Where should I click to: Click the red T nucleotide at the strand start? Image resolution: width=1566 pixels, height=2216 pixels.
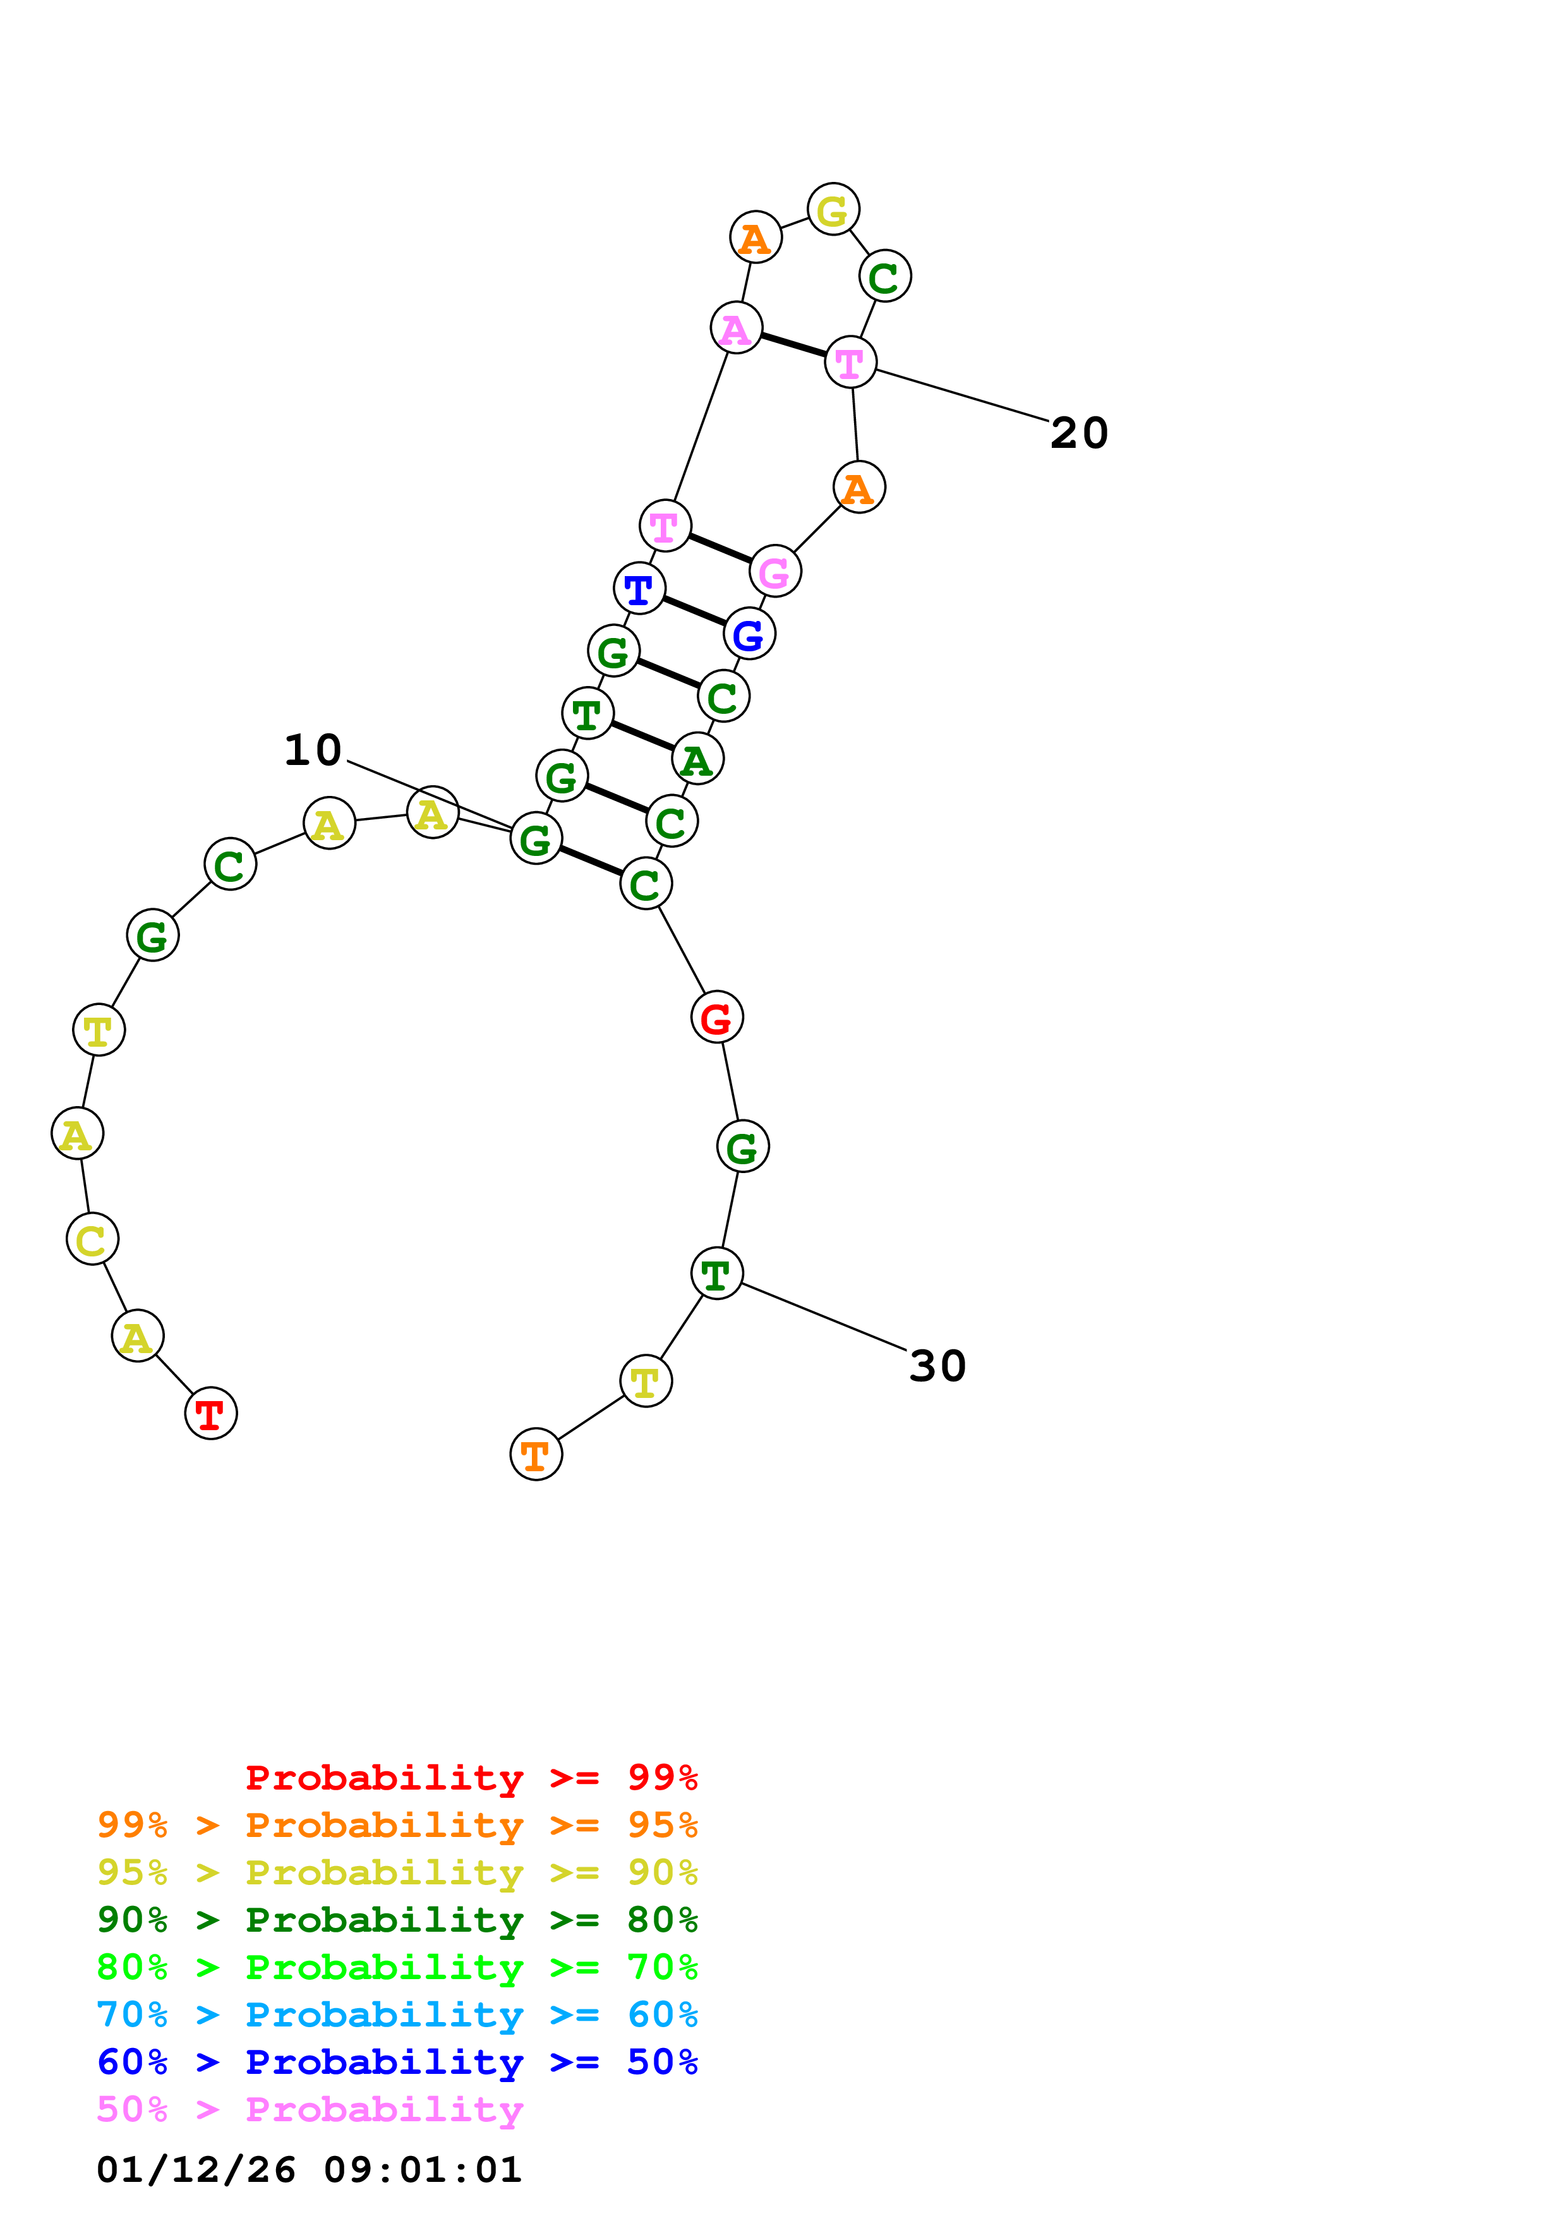click(x=210, y=1413)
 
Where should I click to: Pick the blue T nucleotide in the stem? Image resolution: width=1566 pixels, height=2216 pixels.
click(x=639, y=587)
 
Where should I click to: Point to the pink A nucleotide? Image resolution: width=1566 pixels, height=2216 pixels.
click(x=735, y=328)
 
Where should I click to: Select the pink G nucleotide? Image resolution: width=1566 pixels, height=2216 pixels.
click(x=775, y=572)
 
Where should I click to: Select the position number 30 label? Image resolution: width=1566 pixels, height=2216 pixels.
click(x=937, y=1366)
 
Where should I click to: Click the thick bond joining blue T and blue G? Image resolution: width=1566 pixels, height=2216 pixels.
click(x=694, y=610)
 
